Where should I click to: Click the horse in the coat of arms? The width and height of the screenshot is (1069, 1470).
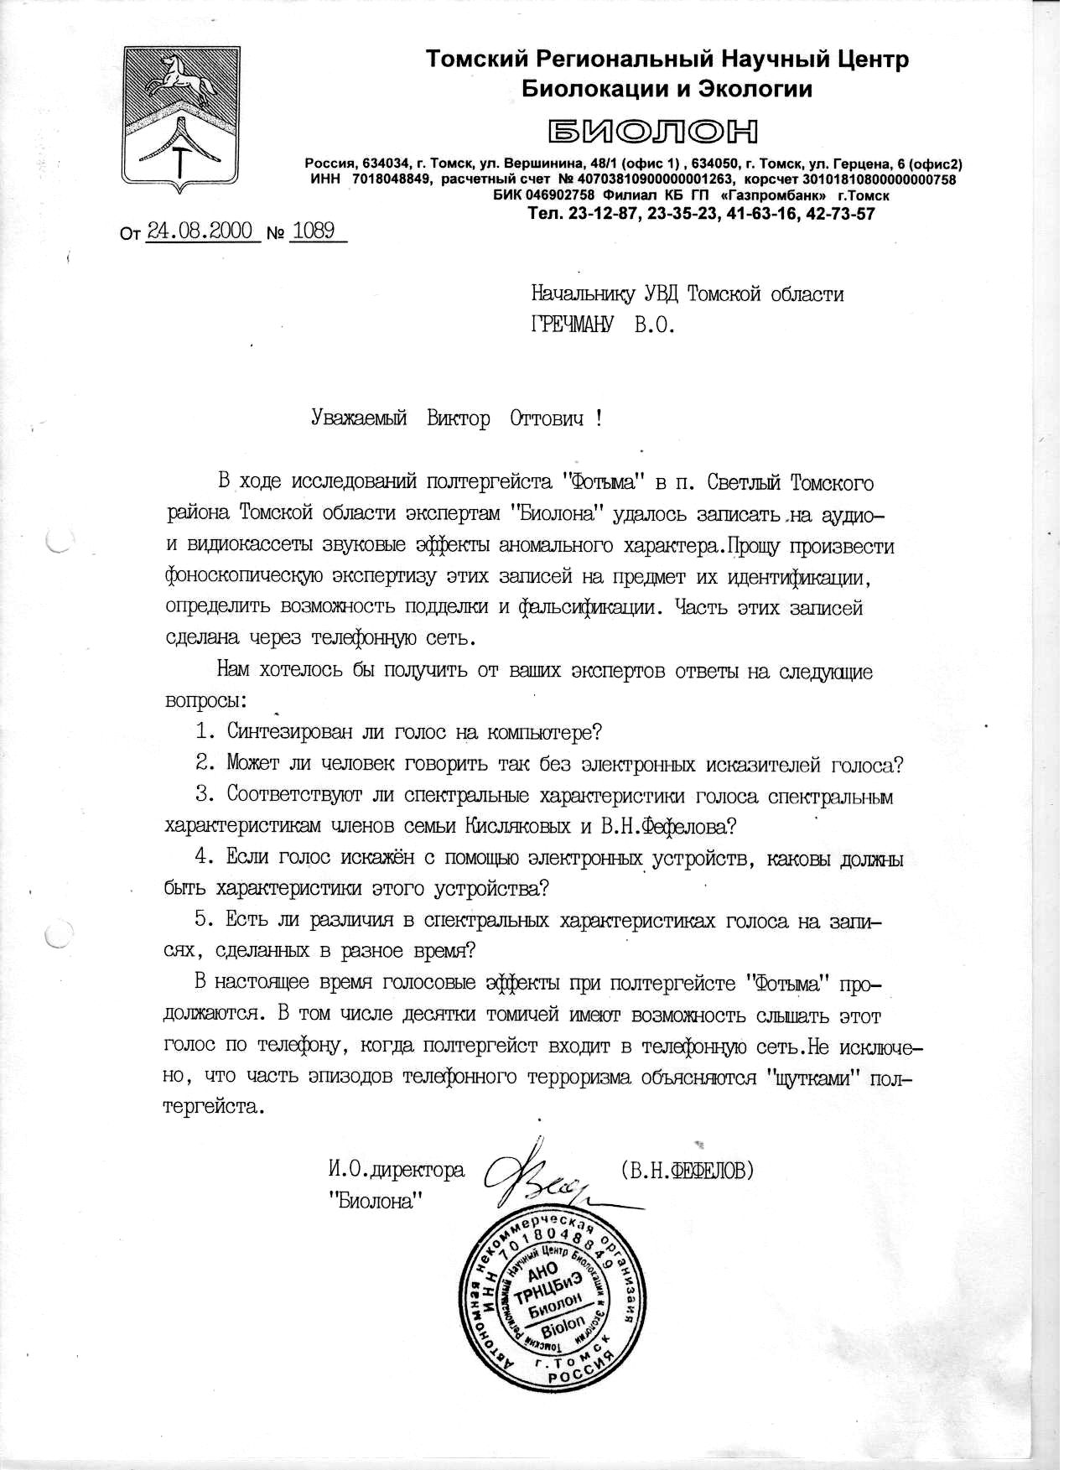[x=173, y=80]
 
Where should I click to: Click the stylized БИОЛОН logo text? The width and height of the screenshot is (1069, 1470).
[x=653, y=131]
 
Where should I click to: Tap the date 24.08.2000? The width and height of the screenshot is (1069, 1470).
[x=200, y=231]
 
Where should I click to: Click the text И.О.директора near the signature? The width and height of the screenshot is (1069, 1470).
[x=397, y=1169]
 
